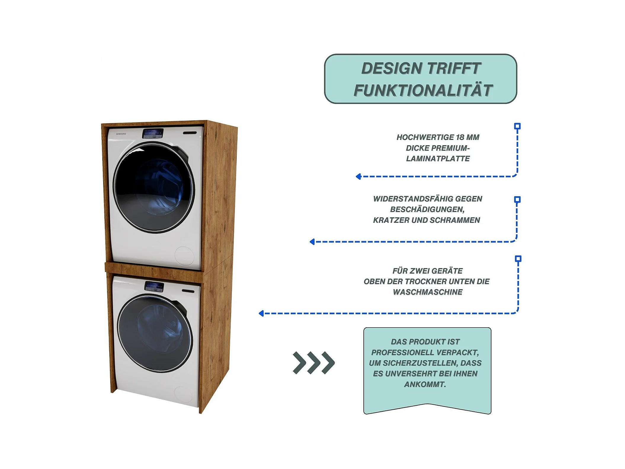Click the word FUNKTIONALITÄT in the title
click(x=423, y=90)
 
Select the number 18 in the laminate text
click(x=460, y=137)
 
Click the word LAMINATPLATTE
click(x=437, y=159)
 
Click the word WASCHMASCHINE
click(x=427, y=292)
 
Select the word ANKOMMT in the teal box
click(x=425, y=385)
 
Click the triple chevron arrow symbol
click(x=314, y=363)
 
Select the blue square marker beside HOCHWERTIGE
click(x=517, y=126)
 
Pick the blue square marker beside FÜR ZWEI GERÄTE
click(x=518, y=259)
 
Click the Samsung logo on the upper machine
click(x=121, y=134)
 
